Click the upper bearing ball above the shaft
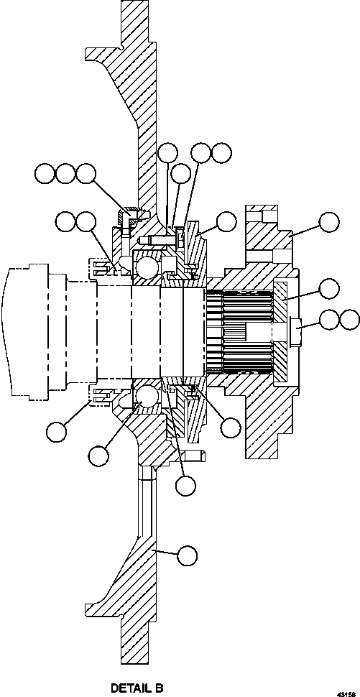(x=147, y=268)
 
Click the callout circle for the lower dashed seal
(x=56, y=431)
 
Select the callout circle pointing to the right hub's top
(x=328, y=221)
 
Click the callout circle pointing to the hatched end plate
(x=328, y=289)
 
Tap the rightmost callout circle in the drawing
(x=349, y=320)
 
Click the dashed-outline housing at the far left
(x=29, y=331)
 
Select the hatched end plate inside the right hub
(x=282, y=331)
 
